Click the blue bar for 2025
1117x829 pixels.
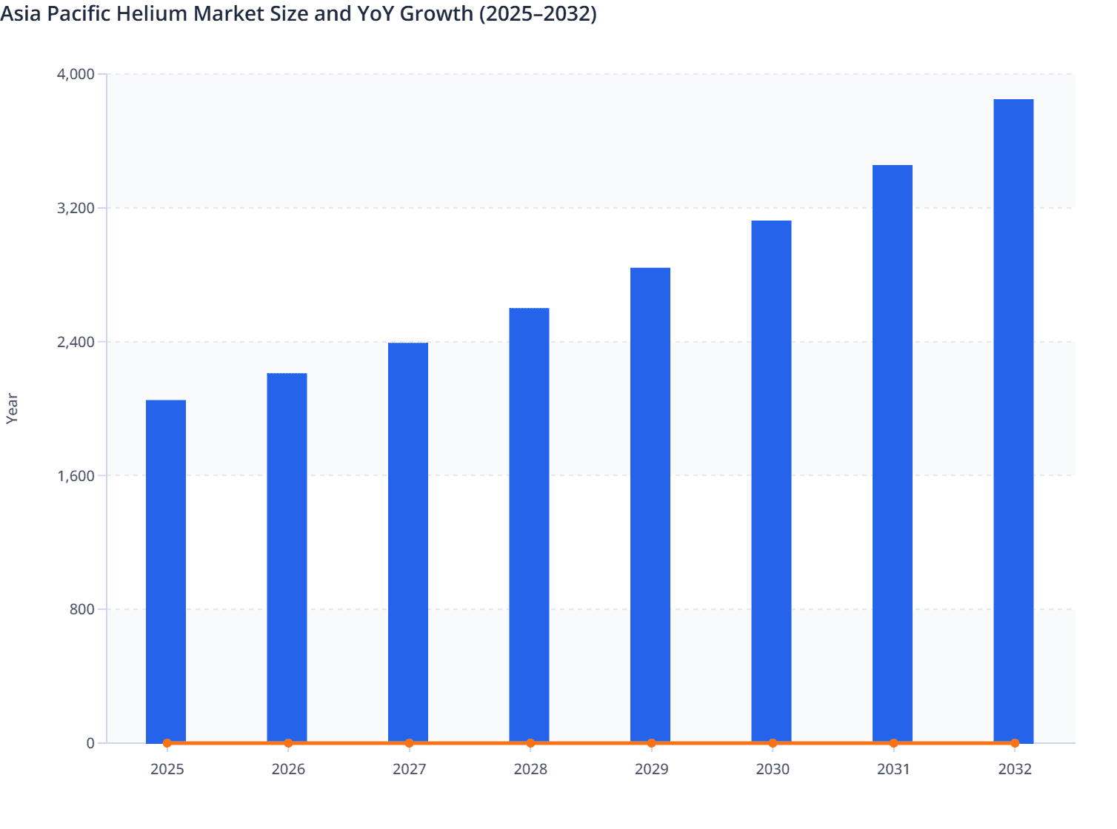pos(166,570)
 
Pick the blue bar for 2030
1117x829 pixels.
pos(771,481)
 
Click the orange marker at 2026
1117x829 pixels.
pos(288,743)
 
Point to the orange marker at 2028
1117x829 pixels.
pos(530,743)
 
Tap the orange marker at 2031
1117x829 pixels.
pos(893,743)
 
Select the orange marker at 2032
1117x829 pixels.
pos(1015,743)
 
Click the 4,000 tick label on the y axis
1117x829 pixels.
pos(76,74)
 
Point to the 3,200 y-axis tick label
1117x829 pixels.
pos(76,208)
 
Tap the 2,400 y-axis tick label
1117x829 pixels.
pos(76,342)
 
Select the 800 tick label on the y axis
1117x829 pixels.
pos(82,609)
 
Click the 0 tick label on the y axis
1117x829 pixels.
pos(90,743)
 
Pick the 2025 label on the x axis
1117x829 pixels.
pos(167,769)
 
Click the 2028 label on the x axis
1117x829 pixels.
pos(530,769)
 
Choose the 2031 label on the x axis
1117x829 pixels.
pos(893,769)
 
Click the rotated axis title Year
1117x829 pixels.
pos(12,409)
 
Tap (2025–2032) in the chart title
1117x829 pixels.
pos(537,13)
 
